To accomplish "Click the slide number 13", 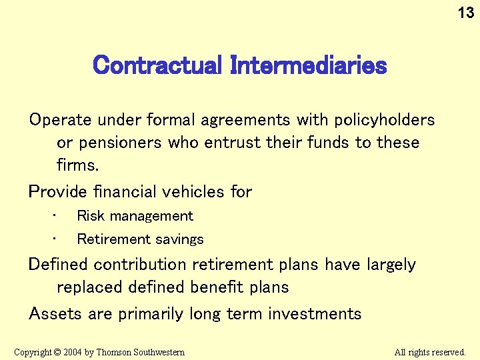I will (x=466, y=13).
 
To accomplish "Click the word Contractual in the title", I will (x=157, y=65).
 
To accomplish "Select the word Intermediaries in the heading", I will (x=308, y=65).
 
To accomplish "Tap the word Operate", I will (x=61, y=120).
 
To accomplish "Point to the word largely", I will (x=391, y=265).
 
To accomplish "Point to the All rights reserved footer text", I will (x=430, y=352).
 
